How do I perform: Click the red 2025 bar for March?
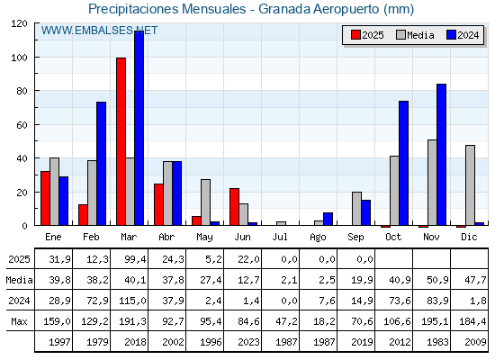[x=121, y=141]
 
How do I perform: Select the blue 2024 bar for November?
[x=441, y=155]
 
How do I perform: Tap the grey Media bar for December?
[x=470, y=185]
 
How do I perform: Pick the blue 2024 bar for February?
[x=101, y=164]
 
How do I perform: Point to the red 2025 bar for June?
[x=235, y=207]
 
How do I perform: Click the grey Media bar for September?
[x=356, y=209]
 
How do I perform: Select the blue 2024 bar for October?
[x=404, y=163]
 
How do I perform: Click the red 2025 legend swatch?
[x=355, y=35]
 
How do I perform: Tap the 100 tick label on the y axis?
[x=19, y=58]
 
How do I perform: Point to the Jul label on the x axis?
[x=280, y=237]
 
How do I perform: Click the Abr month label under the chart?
[x=166, y=237]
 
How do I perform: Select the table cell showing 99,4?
[x=135, y=259]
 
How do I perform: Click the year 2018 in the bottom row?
[x=135, y=342]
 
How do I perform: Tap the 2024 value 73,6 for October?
[x=400, y=301]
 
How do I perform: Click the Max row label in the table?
[x=19, y=321]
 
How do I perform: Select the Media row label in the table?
[x=19, y=280]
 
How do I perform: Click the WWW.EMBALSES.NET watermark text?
[x=99, y=31]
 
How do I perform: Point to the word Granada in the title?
[x=284, y=9]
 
